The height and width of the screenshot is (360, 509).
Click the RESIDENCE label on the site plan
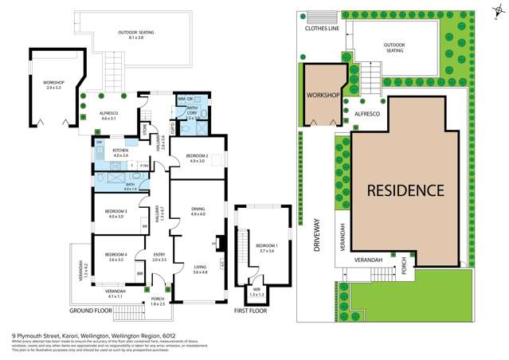[405, 190]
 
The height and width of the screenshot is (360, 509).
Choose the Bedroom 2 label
[198, 156]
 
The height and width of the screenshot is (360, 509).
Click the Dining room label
[198, 209]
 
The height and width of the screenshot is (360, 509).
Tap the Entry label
[159, 256]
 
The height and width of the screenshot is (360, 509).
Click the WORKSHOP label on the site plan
[323, 96]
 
